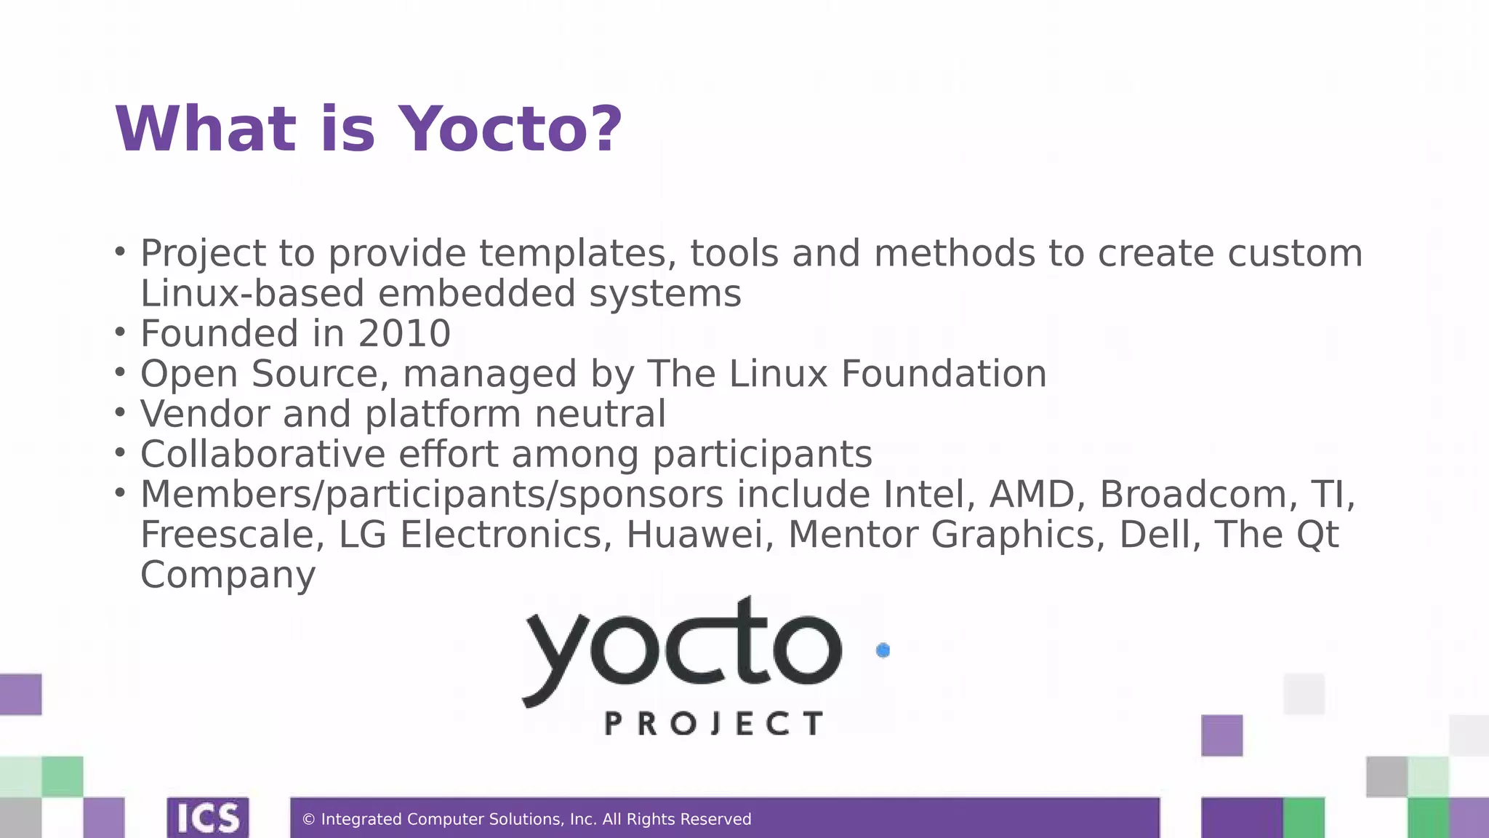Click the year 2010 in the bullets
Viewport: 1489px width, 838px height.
point(404,334)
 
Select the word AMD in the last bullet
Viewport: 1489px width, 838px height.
point(1033,495)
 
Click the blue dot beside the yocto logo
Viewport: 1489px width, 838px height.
point(883,650)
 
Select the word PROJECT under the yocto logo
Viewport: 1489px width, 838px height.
point(714,724)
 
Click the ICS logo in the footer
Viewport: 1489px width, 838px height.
point(208,818)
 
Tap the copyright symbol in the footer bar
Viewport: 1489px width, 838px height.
point(308,820)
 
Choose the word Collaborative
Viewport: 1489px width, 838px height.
point(262,455)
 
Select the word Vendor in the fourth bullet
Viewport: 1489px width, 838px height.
point(204,415)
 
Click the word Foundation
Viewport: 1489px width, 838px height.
point(944,374)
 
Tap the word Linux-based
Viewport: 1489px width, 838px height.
point(252,294)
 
